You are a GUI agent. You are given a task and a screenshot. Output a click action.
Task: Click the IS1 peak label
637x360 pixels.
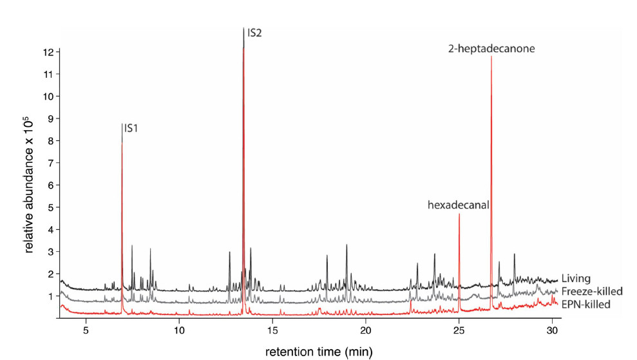click(131, 128)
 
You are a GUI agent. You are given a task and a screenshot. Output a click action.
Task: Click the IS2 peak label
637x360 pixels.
click(254, 33)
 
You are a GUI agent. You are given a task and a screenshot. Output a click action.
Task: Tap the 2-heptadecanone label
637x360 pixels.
click(491, 48)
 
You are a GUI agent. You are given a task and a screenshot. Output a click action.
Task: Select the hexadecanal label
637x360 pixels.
click(459, 205)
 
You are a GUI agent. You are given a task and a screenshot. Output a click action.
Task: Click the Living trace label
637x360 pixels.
click(575, 279)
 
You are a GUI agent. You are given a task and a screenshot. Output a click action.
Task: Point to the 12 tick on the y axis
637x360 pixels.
click(47, 52)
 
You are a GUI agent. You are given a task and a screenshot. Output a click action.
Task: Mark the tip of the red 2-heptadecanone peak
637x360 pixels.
click(491, 57)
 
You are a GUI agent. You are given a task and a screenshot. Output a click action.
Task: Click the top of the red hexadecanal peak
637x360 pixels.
click(459, 214)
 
